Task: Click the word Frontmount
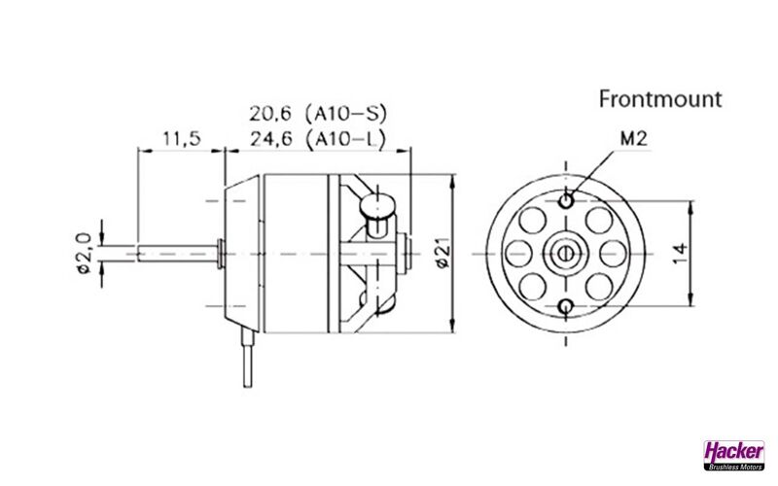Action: [x=660, y=99]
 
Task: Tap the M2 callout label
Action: [x=634, y=139]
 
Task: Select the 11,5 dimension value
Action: [x=182, y=139]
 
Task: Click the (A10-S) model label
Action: [x=346, y=114]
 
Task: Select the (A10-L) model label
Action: [x=346, y=139]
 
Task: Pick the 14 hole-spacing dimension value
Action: [x=680, y=254]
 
